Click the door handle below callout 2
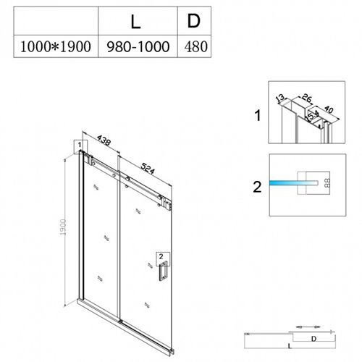[163, 270]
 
